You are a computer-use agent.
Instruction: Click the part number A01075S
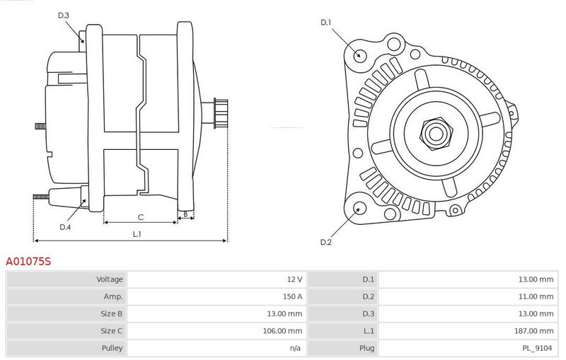28,261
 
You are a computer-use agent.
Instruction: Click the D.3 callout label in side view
63,15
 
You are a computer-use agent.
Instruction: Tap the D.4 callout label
65,227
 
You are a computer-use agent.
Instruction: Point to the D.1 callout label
325,23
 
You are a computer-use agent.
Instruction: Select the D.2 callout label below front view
325,242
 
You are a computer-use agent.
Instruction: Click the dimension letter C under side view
141,217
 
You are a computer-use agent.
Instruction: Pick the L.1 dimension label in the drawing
137,234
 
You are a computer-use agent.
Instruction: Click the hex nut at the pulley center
436,134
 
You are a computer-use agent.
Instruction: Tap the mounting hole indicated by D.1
359,55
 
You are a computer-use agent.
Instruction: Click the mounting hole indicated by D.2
359,209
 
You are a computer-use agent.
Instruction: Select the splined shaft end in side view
221,113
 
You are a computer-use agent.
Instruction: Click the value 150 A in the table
292,296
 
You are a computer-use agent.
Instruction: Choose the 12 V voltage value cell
294,279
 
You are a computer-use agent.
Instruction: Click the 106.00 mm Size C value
282,331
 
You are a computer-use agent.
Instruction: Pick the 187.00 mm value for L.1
533,331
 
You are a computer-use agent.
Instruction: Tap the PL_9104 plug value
537,348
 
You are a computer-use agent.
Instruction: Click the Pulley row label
112,348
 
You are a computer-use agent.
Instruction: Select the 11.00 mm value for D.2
536,296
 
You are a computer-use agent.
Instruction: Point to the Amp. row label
113,297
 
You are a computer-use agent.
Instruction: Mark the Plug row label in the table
366,349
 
